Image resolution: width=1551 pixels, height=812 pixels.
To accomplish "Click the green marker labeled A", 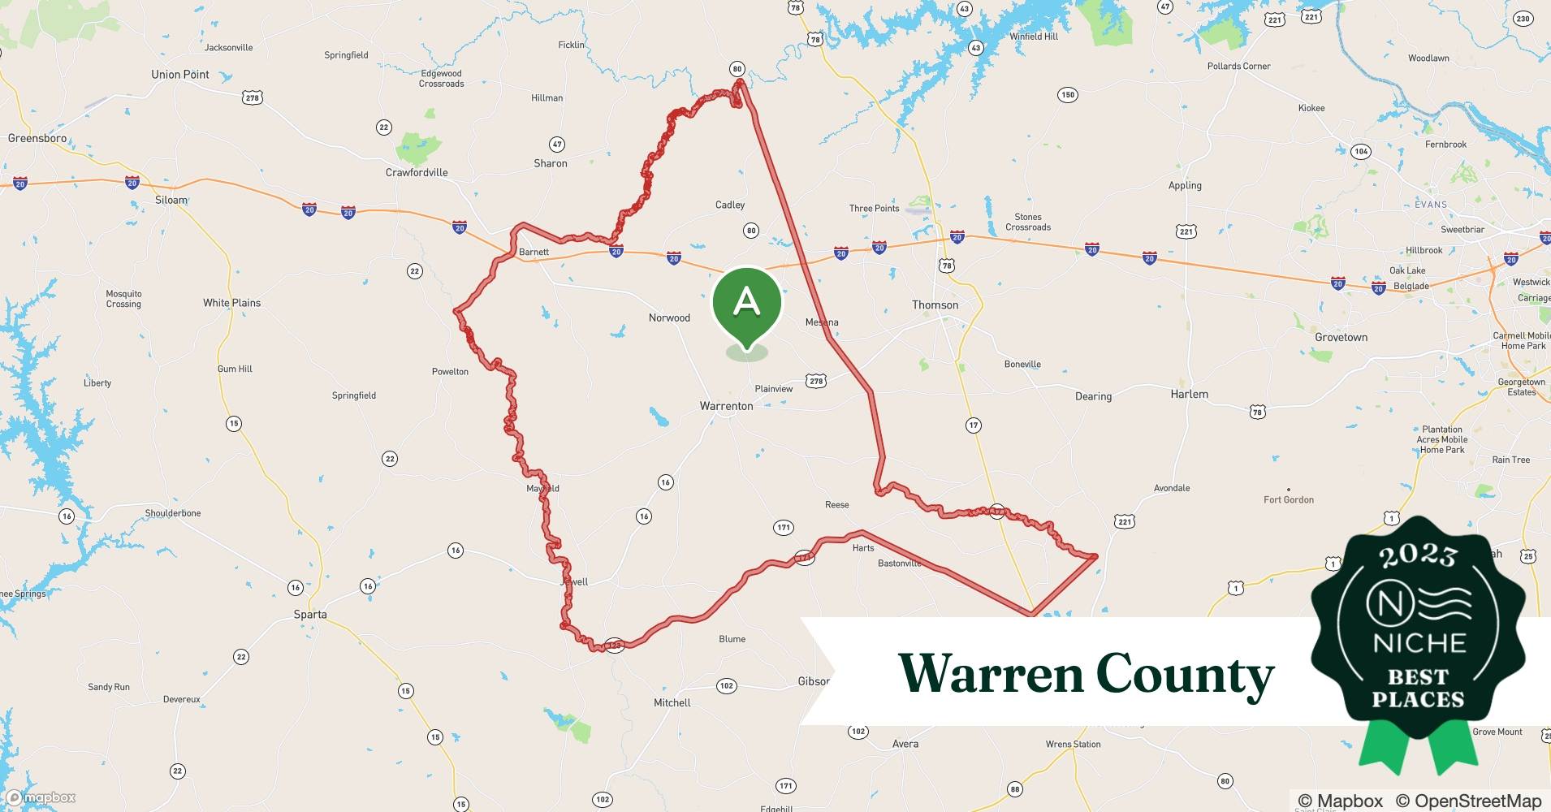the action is [x=746, y=303].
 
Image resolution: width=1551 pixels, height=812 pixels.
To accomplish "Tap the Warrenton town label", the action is [x=726, y=406].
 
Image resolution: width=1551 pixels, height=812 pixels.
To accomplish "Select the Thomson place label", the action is [x=935, y=305].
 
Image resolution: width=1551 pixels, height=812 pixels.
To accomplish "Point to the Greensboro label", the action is [x=37, y=138].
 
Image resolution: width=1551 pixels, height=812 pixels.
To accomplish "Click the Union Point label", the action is [x=179, y=75].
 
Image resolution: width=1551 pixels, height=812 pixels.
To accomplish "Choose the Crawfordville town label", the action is [x=416, y=173].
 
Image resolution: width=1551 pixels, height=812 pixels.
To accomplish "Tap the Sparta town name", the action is [x=310, y=615].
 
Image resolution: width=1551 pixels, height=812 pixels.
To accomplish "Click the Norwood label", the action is [x=669, y=318].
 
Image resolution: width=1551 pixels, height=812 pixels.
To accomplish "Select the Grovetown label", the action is [x=1341, y=338].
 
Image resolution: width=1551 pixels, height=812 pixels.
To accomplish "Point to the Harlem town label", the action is [x=1189, y=395].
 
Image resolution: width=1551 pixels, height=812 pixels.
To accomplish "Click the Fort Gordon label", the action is [x=1288, y=500].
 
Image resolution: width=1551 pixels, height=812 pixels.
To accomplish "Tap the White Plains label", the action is [x=231, y=303].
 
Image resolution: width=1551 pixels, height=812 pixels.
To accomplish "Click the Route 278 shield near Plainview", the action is [x=816, y=381].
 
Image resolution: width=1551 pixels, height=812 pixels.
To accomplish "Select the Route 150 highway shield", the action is [x=1068, y=95].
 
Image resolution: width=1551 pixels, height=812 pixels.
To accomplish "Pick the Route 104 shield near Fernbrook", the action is [x=1361, y=151].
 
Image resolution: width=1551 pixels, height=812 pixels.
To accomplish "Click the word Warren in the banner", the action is [x=991, y=674].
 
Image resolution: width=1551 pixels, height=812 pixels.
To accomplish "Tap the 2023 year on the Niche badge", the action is [x=1418, y=555].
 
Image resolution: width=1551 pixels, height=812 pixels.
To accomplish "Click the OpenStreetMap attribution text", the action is [x=1468, y=801].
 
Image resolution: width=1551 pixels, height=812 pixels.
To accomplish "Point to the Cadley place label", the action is [x=729, y=205].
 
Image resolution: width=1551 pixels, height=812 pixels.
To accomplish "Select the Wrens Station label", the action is [x=1073, y=745].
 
